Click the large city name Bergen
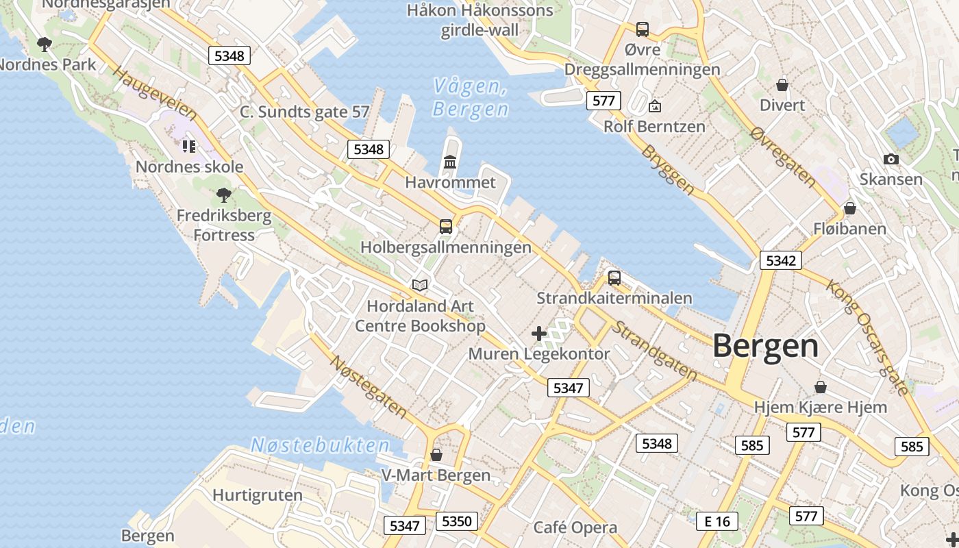[x=765, y=346]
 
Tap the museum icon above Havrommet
[x=450, y=162]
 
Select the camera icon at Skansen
[x=891, y=159]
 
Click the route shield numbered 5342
[x=780, y=260]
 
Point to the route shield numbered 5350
[x=456, y=521]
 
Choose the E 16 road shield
[x=717, y=521]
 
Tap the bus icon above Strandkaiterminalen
[x=614, y=277]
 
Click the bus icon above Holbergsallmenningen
[x=446, y=226]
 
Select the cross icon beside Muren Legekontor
[x=539, y=334]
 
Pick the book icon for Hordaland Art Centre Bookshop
[x=420, y=285]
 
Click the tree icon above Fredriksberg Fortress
[x=223, y=195]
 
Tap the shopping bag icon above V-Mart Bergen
[x=436, y=455]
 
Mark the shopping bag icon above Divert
[x=782, y=85]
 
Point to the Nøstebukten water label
[x=320, y=445]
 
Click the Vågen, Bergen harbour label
[x=471, y=97]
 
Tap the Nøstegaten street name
[x=368, y=386]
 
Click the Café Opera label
[x=575, y=527]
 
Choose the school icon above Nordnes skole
[x=189, y=146]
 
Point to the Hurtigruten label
[x=257, y=495]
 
